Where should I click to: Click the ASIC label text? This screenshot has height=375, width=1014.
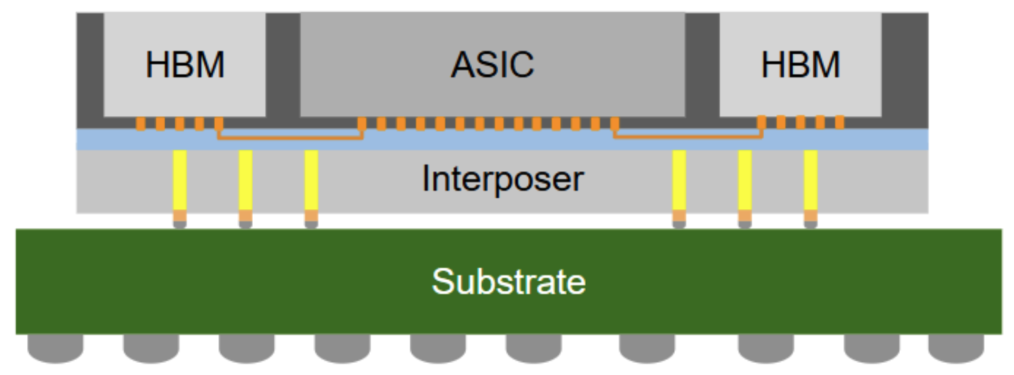492,65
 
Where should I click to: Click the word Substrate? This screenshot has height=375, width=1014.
508,281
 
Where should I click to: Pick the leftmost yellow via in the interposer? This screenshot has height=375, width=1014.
180,180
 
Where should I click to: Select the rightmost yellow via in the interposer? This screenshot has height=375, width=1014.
810,180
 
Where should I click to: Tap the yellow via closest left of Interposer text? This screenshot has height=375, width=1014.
311,180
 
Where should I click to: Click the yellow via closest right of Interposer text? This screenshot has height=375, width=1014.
679,180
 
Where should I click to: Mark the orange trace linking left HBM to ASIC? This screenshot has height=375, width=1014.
290,139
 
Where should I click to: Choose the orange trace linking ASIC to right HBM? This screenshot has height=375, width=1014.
688,139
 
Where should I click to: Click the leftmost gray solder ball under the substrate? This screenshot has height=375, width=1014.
55,348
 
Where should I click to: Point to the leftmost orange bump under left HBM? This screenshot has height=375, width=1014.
141,124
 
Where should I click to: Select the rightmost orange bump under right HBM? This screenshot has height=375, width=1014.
840,122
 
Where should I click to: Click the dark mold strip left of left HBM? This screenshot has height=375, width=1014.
90,68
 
